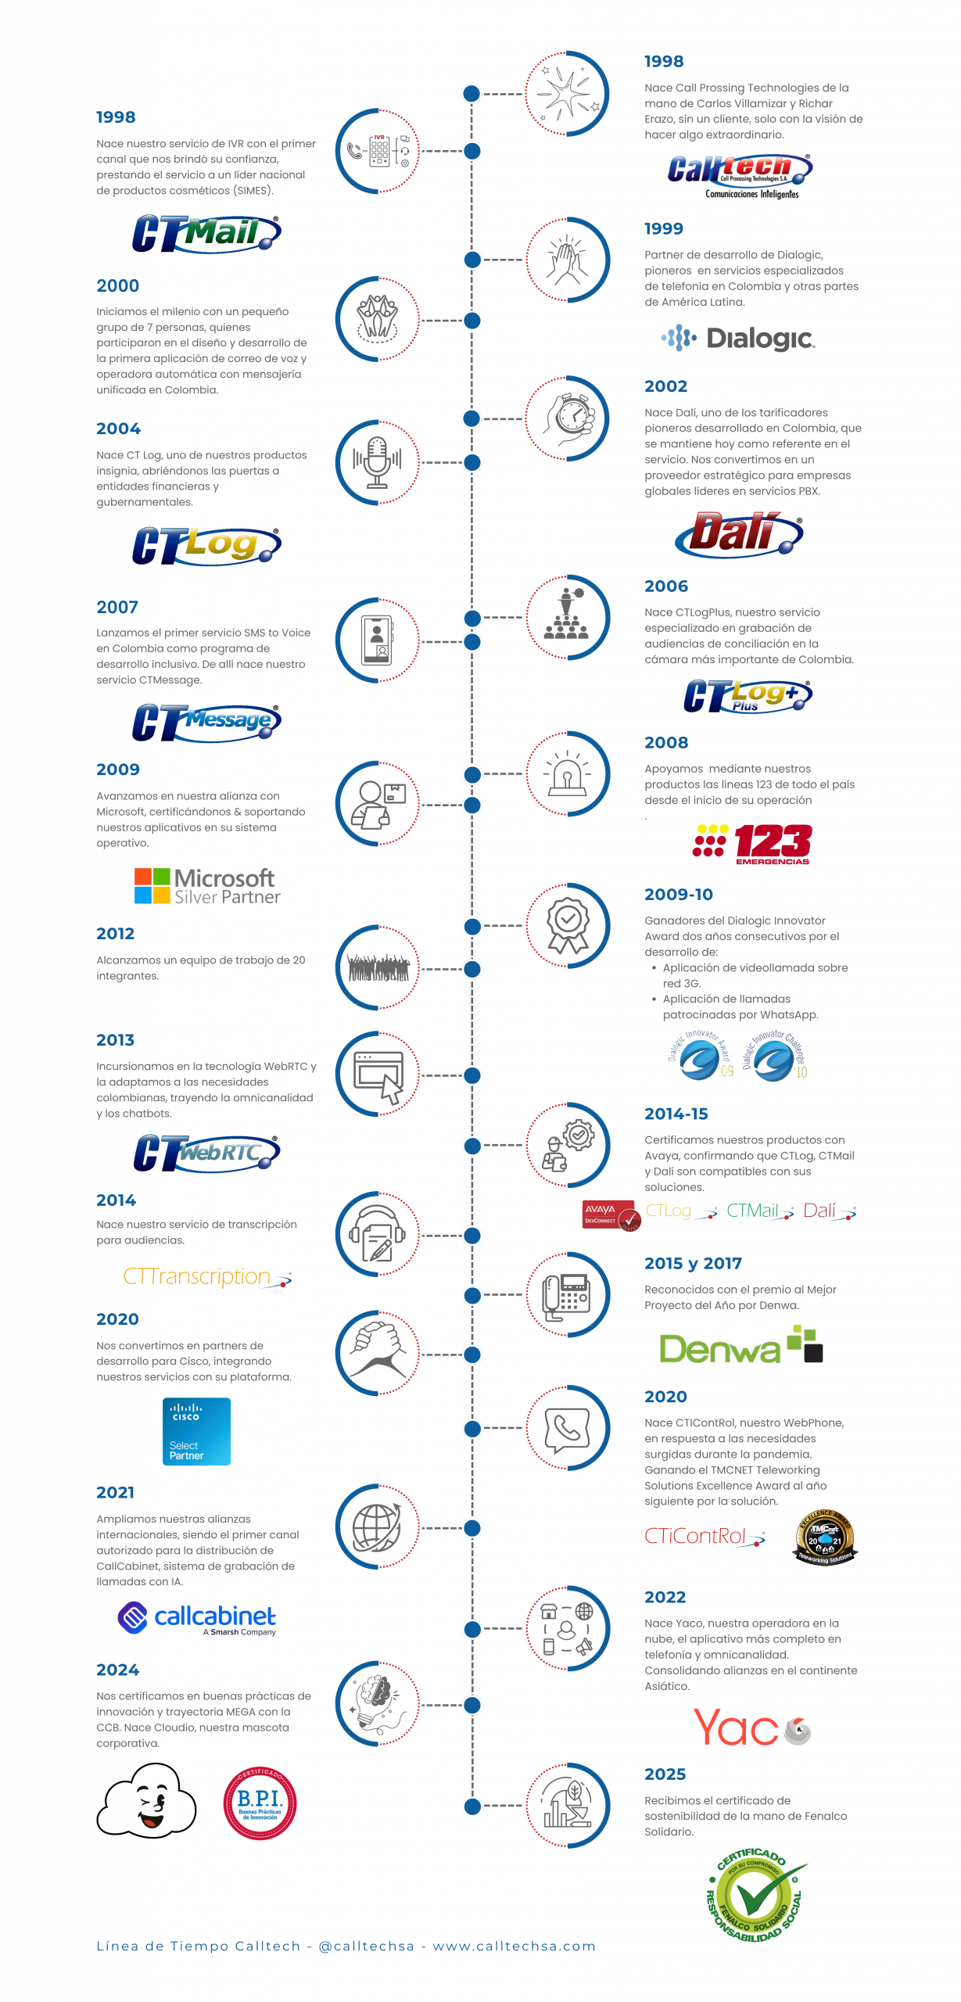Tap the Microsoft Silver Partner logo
[206, 886]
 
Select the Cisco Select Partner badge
[196, 1431]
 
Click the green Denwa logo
[741, 1344]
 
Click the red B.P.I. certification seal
[260, 1803]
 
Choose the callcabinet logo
[197, 1617]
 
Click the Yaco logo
[751, 1728]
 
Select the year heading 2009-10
[678, 894]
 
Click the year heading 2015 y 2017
[693, 1264]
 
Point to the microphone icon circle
[378, 462]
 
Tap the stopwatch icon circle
[568, 418]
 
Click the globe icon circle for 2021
[378, 1527]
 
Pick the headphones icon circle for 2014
[378, 1235]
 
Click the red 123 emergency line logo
[752, 844]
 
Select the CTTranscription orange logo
[207, 1277]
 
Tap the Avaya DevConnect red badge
[610, 1214]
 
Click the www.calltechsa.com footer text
[514, 1946]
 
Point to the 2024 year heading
[118, 1670]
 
